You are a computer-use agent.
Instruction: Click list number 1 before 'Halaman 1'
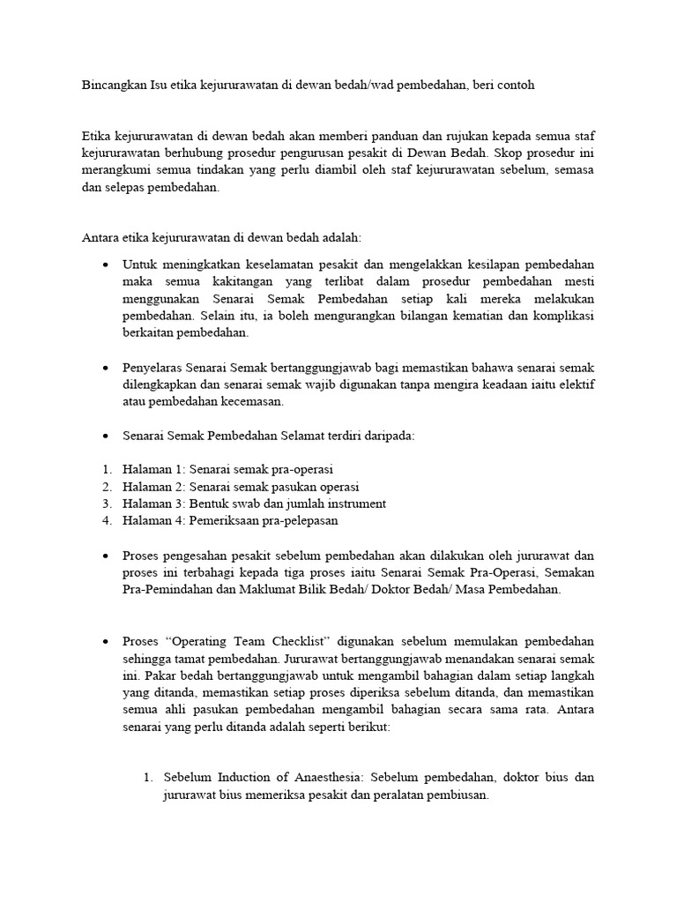point(106,470)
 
